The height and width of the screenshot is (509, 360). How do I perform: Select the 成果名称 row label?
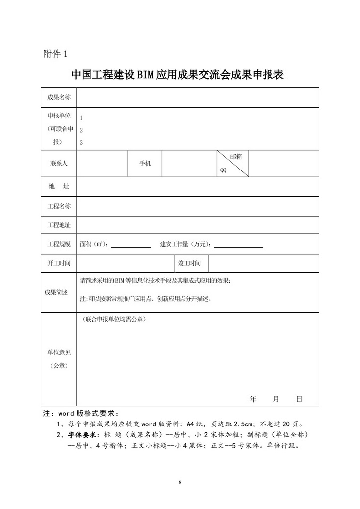click(x=59, y=97)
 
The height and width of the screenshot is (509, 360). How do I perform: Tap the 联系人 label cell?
click(x=59, y=163)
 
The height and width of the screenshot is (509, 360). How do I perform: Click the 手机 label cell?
click(x=145, y=163)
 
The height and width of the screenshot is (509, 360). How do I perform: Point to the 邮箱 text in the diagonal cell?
click(x=236, y=156)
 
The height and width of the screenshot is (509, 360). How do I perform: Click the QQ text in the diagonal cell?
click(x=223, y=170)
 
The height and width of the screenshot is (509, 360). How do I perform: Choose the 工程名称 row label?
click(x=59, y=206)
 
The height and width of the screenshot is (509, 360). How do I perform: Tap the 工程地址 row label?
click(x=59, y=225)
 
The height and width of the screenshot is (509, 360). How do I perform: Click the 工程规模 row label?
click(x=59, y=244)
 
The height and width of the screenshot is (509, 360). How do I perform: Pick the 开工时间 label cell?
click(x=59, y=263)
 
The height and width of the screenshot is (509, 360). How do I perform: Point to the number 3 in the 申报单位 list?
click(x=81, y=143)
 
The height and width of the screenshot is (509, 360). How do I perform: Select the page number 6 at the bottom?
click(x=180, y=482)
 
